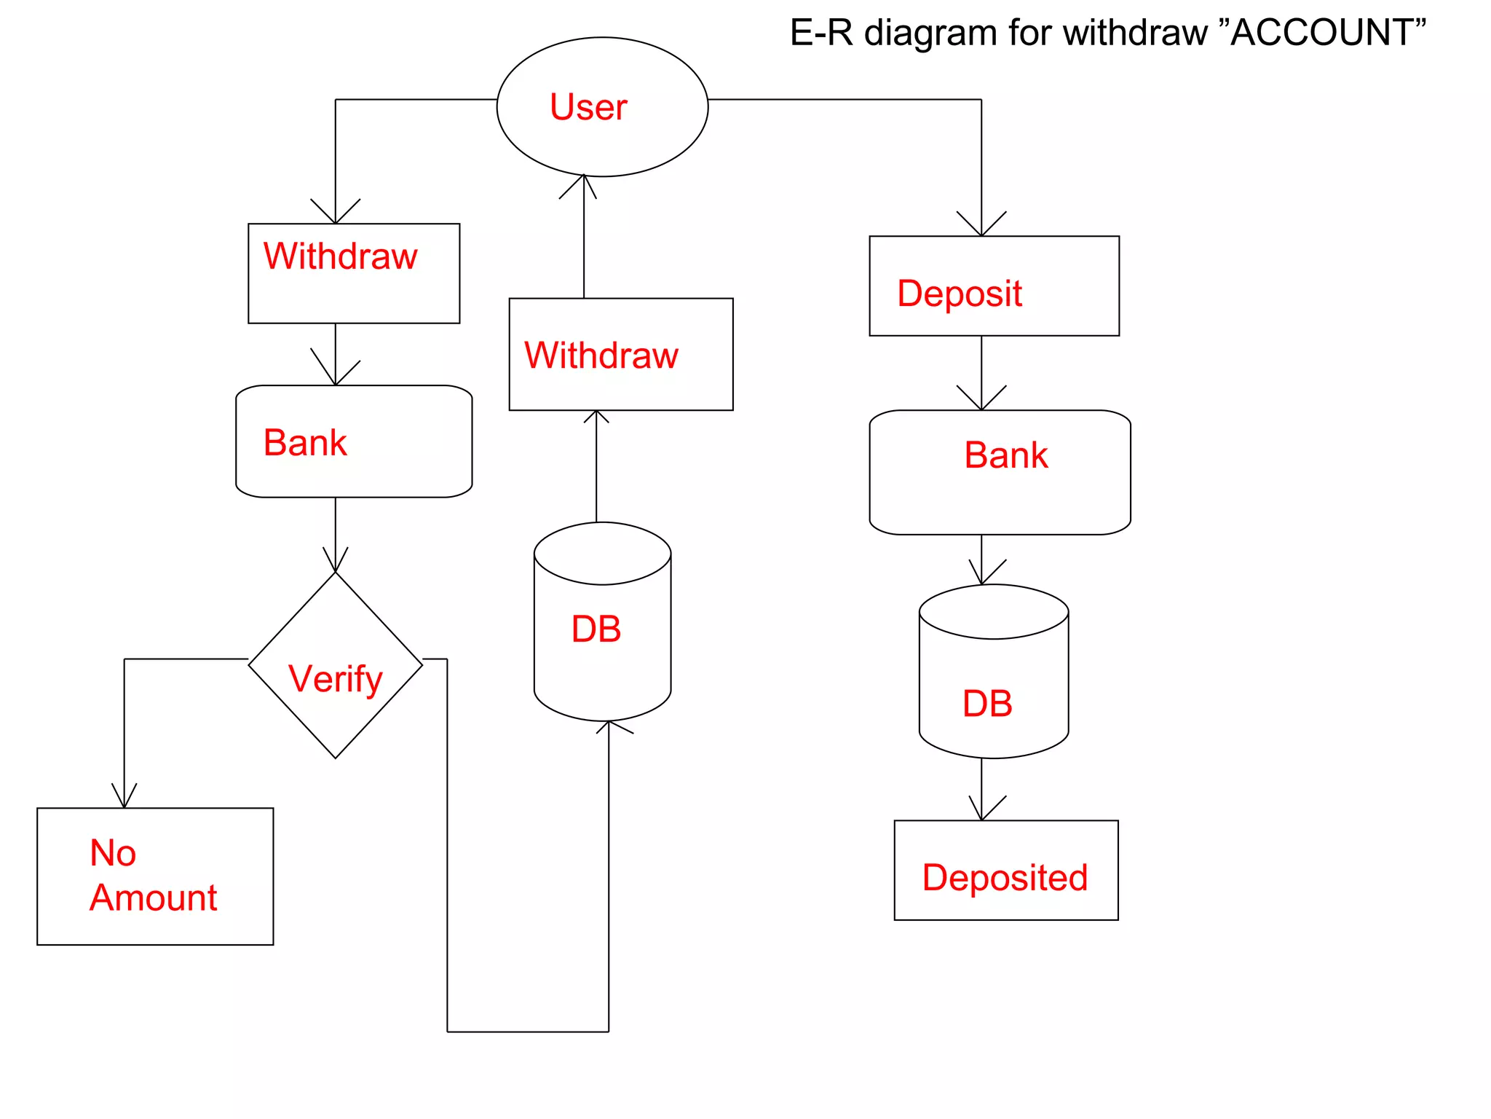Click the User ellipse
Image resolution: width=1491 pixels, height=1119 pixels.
tap(602, 107)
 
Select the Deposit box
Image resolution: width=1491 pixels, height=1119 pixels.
tap(994, 286)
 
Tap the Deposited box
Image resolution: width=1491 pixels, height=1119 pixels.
tap(1005, 871)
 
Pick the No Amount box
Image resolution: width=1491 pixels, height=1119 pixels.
tap(155, 876)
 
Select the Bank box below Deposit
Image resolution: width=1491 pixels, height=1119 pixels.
tap(1000, 472)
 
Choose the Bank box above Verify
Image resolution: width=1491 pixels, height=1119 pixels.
tap(354, 441)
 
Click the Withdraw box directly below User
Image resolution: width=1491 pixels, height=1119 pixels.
tap(621, 354)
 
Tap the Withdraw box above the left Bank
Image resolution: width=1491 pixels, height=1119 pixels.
tap(354, 273)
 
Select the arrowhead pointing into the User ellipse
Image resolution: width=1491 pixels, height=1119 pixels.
tap(584, 182)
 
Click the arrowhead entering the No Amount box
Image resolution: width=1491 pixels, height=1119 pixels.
tap(124, 800)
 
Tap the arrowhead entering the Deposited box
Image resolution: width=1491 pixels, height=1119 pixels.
tap(982, 813)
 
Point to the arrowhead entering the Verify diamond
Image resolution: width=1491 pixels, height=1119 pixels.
tap(336, 565)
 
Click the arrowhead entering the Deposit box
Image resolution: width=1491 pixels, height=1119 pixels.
tap(981, 228)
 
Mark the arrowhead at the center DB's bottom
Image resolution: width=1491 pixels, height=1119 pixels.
tap(609, 726)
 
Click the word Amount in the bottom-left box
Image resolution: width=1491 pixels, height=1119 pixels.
tap(154, 898)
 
